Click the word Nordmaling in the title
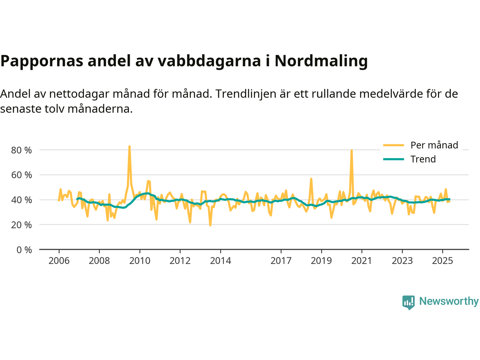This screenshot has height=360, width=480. [x=321, y=61]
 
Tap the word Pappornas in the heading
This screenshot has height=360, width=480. [x=42, y=61]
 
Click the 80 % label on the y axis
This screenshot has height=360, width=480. [x=22, y=150]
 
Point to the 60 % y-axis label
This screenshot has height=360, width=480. [x=22, y=175]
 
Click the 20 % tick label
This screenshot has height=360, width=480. [x=22, y=225]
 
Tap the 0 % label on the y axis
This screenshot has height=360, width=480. [x=24, y=250]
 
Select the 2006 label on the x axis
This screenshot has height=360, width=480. [x=59, y=261]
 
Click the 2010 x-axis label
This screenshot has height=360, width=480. [x=139, y=261]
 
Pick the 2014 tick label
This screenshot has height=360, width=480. [x=220, y=261]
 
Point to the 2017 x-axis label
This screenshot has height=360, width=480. [x=281, y=261]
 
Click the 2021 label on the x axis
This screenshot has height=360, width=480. [x=361, y=261]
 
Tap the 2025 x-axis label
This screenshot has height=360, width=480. [x=442, y=261]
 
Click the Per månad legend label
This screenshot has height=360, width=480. [x=434, y=145]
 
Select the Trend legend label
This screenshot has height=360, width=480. [x=423, y=159]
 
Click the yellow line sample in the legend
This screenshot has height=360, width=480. [x=393, y=145]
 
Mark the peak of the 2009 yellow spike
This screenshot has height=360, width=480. [x=129, y=146]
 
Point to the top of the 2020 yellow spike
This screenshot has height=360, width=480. [x=351, y=150]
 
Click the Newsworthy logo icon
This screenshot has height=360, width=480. [x=408, y=302]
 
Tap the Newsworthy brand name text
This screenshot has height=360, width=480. [x=448, y=301]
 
